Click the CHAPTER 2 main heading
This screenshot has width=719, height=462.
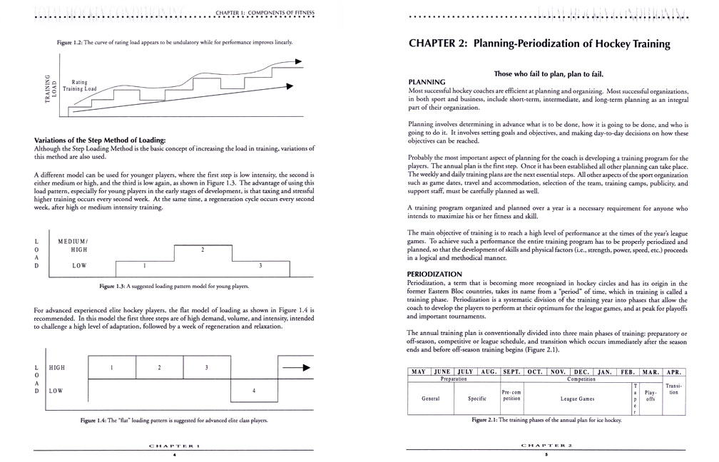(539, 43)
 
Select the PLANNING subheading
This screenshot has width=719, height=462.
(427, 82)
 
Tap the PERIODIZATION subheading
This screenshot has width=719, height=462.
(435, 273)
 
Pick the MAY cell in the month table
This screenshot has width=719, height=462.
(418, 371)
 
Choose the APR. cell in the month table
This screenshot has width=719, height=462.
(673, 371)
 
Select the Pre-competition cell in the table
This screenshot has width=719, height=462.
(512, 396)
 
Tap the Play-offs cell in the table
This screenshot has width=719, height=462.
(650, 396)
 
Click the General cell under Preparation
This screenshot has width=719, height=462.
(430, 399)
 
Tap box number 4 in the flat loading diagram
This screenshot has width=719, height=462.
(254, 391)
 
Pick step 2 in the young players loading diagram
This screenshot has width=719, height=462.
(203, 250)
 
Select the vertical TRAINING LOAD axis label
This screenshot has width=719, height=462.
(49, 91)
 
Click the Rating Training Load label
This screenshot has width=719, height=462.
(79, 86)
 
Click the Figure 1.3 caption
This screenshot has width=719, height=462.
(175, 286)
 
